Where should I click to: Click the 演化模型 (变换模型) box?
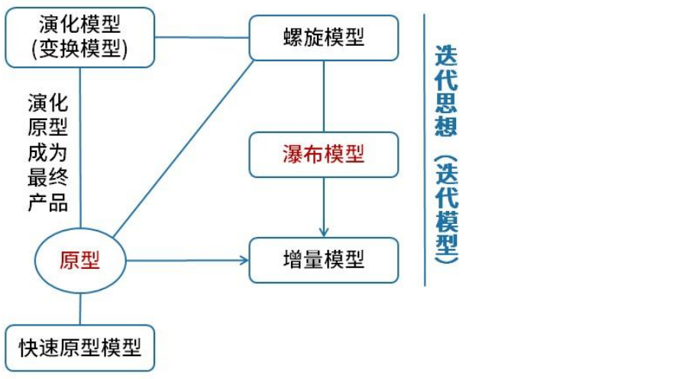(x=79, y=37)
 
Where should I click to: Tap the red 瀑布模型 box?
(x=324, y=155)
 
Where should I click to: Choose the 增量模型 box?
(x=324, y=260)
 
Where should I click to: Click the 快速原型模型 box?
(x=80, y=348)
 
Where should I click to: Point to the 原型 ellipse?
(x=80, y=261)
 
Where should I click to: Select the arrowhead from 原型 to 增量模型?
(x=244, y=261)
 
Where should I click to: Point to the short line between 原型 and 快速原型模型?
(x=80, y=309)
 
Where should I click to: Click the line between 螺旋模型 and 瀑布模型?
(x=324, y=96)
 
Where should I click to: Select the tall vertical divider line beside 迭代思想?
(x=425, y=153)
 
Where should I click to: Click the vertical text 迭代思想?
(x=446, y=90)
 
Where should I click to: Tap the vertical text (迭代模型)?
(x=446, y=210)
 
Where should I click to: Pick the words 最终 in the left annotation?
(x=47, y=180)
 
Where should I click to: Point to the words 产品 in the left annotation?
(x=47, y=203)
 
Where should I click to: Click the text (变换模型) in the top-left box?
(x=79, y=48)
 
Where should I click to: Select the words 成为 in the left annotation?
(x=47, y=154)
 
